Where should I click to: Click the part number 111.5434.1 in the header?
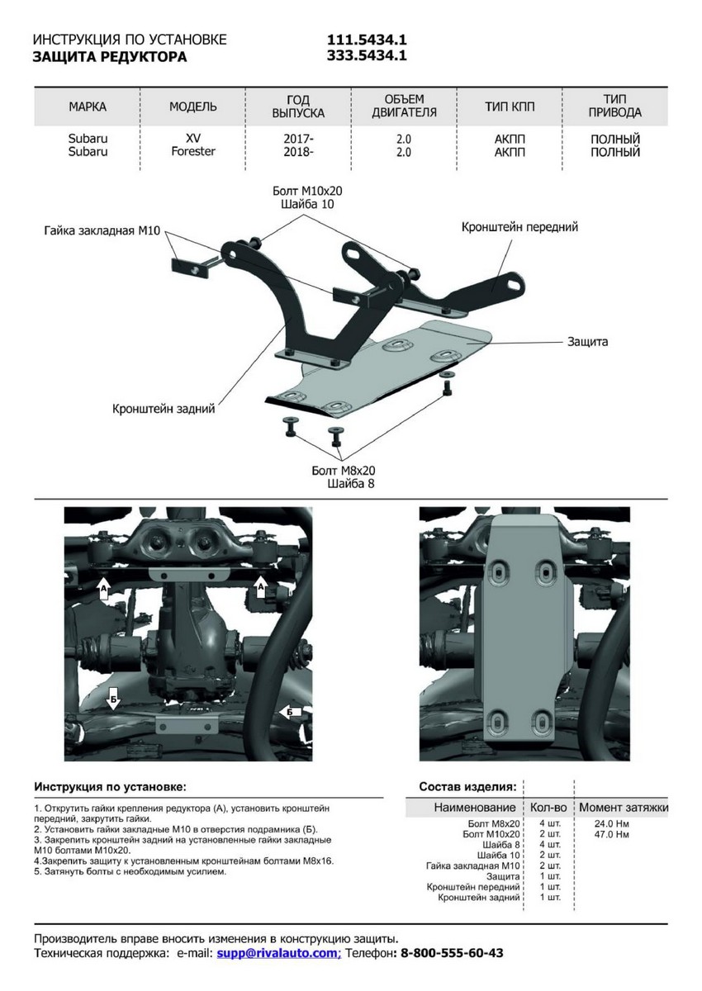pyautogui.click(x=368, y=40)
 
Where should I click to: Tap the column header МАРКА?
pyautogui.click(x=88, y=107)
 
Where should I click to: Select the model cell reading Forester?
pyautogui.click(x=193, y=152)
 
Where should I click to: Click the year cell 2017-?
pyautogui.click(x=298, y=139)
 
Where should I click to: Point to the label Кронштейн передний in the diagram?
pyautogui.click(x=519, y=226)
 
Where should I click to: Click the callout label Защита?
pyautogui.click(x=587, y=341)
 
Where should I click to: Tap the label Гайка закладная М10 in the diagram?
pyautogui.click(x=102, y=231)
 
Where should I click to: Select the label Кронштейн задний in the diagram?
pyautogui.click(x=164, y=408)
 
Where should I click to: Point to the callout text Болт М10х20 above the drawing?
pyautogui.click(x=307, y=190)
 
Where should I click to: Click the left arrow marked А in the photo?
pyautogui.click(x=103, y=588)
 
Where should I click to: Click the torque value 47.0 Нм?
pyautogui.click(x=611, y=834)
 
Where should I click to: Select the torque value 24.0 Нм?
pyautogui.click(x=611, y=823)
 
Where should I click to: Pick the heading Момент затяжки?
pyautogui.click(x=624, y=807)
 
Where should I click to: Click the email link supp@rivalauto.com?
pyautogui.click(x=278, y=953)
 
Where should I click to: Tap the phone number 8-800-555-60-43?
pyautogui.click(x=451, y=953)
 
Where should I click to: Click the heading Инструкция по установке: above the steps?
pyautogui.click(x=110, y=786)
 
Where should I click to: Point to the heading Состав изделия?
pyautogui.click(x=467, y=786)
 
